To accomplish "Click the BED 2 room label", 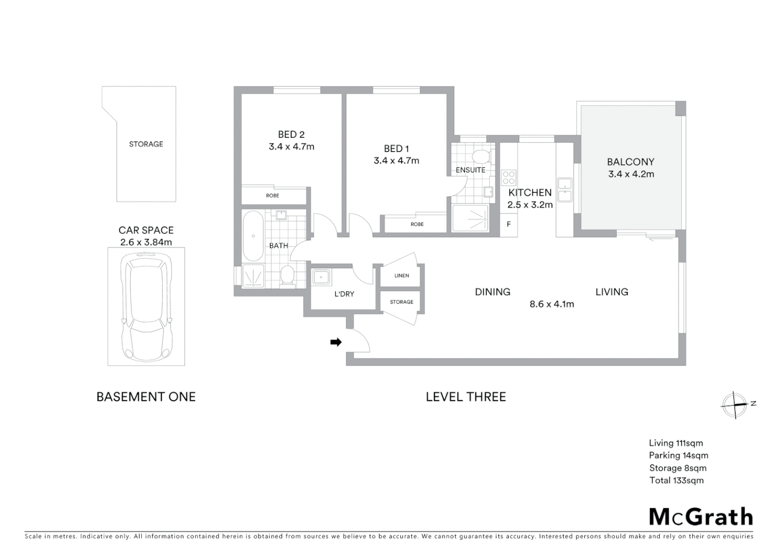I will [x=291, y=135].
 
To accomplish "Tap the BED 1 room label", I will [x=396, y=148].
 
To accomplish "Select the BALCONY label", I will [x=630, y=162].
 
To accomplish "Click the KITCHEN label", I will [x=530, y=192].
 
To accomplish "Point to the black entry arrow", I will [x=335, y=342].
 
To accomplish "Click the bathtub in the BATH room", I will [x=253, y=236].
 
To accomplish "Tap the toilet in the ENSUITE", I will [x=480, y=156].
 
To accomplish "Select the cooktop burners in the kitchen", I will [x=509, y=177].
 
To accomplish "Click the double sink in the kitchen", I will [x=564, y=190].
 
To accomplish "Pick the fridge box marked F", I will [x=508, y=224].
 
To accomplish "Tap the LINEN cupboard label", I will [x=401, y=275].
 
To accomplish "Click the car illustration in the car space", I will [x=146, y=307].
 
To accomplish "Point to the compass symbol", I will [x=734, y=405].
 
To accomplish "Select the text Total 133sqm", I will [x=676, y=480].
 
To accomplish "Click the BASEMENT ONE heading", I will [x=146, y=397].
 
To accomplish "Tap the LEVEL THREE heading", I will [x=465, y=397].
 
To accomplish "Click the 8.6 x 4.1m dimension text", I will [x=552, y=304].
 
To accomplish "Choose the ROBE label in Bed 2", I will [x=272, y=195].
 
